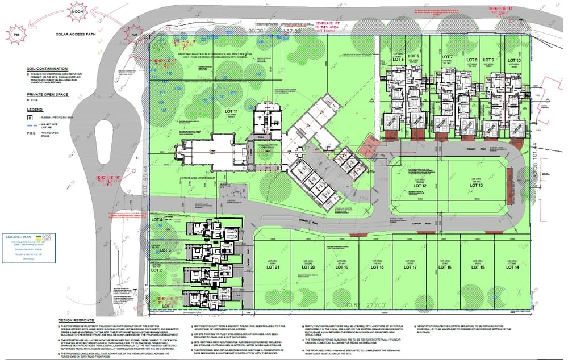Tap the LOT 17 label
point(410,267)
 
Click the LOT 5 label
point(398,60)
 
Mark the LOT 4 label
point(157,220)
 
